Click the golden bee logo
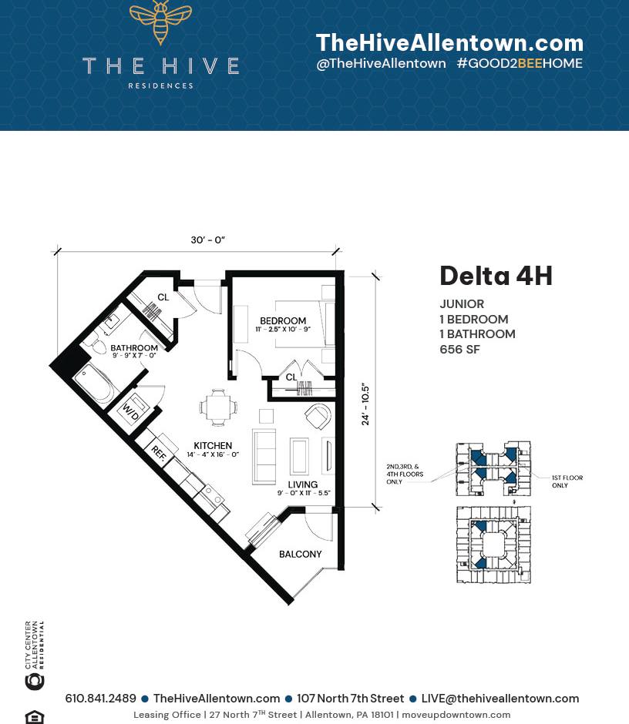pos(160,21)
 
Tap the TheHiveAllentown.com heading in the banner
pos(449,42)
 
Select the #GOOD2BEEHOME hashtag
pos(520,64)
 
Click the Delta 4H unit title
pos(496,276)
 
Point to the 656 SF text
pos(460,349)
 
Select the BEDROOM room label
pos(283,320)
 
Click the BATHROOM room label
pos(134,348)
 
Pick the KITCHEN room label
pos(213,445)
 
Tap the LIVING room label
pos(303,484)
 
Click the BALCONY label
pos(300,554)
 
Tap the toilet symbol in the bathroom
pos(99,347)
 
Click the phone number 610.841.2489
pos(100,699)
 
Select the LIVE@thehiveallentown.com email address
pos(499,699)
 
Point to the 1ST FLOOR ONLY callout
pos(567,481)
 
